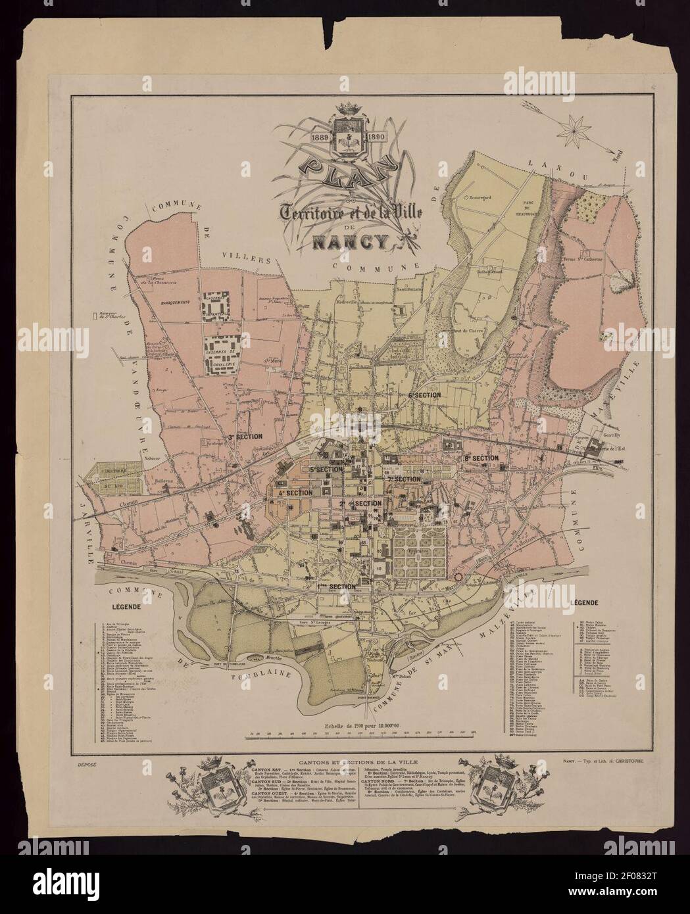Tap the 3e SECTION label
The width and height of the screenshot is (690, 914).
tap(245, 436)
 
